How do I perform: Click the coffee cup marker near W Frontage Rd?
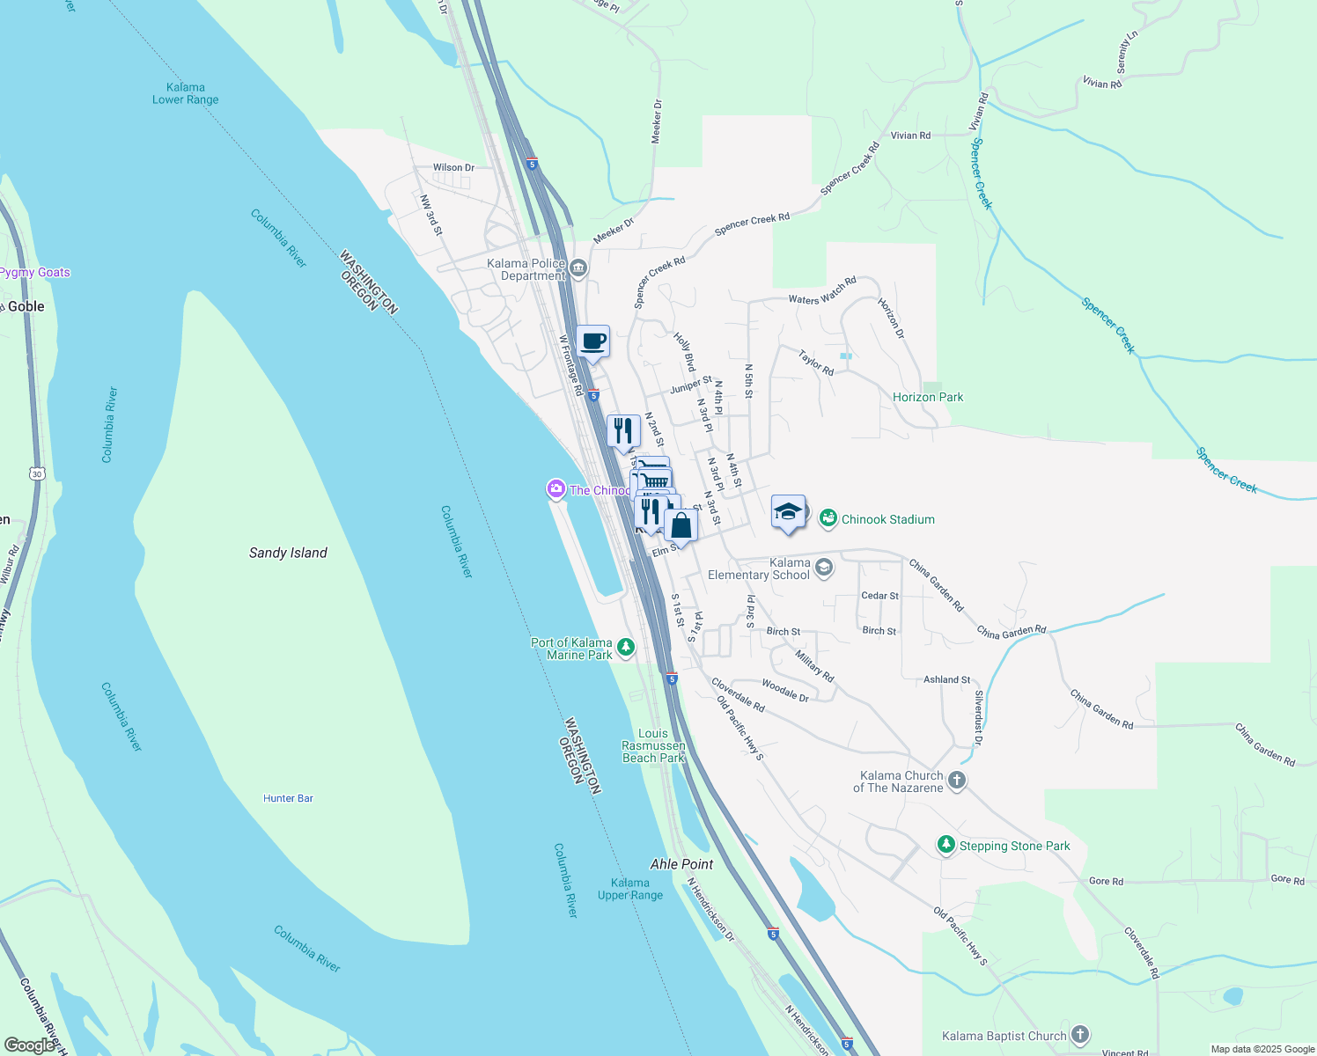(x=592, y=341)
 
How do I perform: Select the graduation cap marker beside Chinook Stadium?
(x=788, y=511)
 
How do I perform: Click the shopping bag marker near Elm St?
(x=681, y=525)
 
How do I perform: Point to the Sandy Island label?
(x=288, y=553)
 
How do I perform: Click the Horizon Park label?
(x=928, y=397)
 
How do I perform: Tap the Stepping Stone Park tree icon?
(x=946, y=845)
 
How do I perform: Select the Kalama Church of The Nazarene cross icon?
(x=957, y=781)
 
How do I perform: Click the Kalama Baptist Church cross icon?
(x=1080, y=1035)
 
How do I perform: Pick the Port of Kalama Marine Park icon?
(x=626, y=648)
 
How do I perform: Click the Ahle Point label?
(x=681, y=864)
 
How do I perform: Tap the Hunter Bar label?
(x=288, y=798)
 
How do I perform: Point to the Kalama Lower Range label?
(x=185, y=93)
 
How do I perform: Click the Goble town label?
(x=26, y=306)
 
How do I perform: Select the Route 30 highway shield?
(x=36, y=473)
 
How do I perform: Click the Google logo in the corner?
(x=29, y=1045)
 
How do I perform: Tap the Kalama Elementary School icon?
(x=823, y=568)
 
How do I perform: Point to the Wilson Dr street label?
(x=453, y=167)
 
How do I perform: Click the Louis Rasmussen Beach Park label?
(x=653, y=745)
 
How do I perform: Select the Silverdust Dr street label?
(x=978, y=717)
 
